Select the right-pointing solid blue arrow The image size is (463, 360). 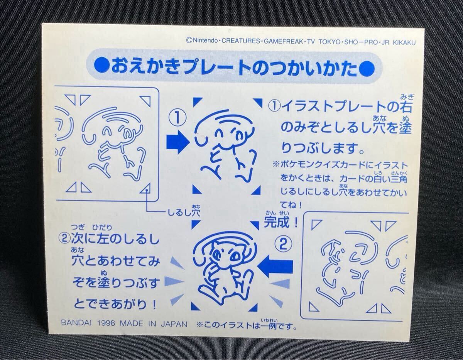[x=177, y=142]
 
